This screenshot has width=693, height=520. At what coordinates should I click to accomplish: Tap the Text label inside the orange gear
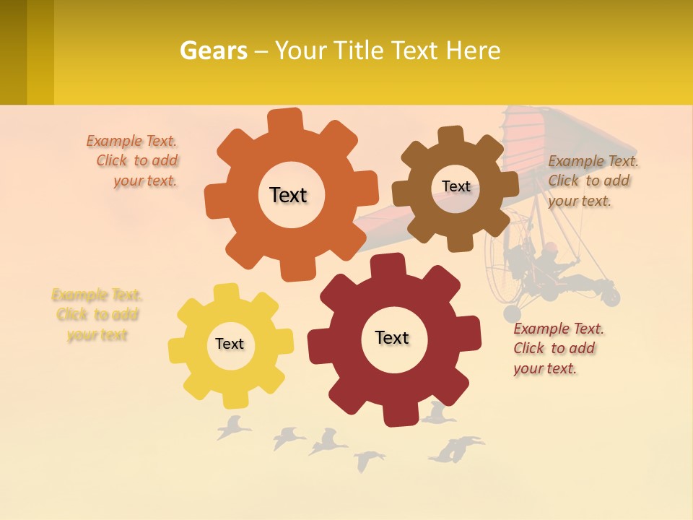(x=288, y=195)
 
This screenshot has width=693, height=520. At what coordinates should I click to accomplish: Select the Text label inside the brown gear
(x=456, y=186)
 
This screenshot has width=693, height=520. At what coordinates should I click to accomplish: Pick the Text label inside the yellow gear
(x=230, y=344)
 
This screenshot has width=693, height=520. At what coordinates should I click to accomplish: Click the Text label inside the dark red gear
(x=392, y=337)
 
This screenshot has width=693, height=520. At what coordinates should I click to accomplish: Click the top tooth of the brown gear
(x=451, y=136)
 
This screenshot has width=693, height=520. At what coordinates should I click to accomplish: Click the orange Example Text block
(x=134, y=161)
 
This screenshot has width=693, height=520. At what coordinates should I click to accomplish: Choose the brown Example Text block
(x=592, y=181)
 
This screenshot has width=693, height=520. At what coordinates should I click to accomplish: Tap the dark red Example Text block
(x=557, y=348)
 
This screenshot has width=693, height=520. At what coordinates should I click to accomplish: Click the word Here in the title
(x=474, y=51)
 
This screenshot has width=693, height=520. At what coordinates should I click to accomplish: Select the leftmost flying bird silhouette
(x=232, y=428)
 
